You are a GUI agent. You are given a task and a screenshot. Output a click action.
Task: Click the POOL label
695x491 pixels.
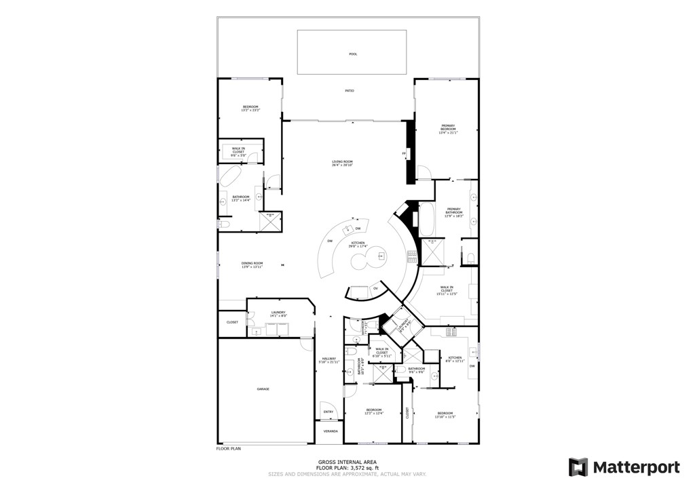[x=352, y=54]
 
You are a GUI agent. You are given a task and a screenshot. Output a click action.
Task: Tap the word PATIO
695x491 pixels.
[x=349, y=90]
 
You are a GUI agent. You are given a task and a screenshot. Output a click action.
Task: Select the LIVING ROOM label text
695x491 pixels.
[x=342, y=163]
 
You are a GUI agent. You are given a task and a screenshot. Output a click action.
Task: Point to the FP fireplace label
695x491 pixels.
[x=404, y=153]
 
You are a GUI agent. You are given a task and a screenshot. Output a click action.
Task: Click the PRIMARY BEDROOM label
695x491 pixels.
[x=448, y=129]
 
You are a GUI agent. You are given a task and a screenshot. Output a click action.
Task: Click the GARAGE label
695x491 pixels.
[x=263, y=389]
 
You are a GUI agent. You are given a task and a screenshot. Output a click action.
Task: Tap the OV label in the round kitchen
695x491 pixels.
[x=375, y=289]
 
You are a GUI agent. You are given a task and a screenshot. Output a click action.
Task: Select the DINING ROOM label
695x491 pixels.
[x=252, y=265]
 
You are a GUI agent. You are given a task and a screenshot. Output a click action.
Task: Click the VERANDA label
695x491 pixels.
[x=330, y=431]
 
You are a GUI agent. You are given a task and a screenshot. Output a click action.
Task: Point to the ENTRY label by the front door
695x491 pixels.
[x=328, y=412]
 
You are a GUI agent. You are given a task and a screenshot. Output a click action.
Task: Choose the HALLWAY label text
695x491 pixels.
[x=329, y=360]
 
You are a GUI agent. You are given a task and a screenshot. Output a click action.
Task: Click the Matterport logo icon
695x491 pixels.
[x=578, y=467]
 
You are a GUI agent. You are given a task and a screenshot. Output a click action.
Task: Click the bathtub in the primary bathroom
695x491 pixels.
[x=427, y=218]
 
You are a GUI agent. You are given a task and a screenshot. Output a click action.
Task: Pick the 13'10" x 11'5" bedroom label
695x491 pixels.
[x=445, y=415]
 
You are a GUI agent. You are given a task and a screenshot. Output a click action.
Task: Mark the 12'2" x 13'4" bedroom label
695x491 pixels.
[x=374, y=411]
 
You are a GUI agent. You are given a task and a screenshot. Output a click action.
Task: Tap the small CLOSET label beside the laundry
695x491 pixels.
[x=232, y=322]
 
